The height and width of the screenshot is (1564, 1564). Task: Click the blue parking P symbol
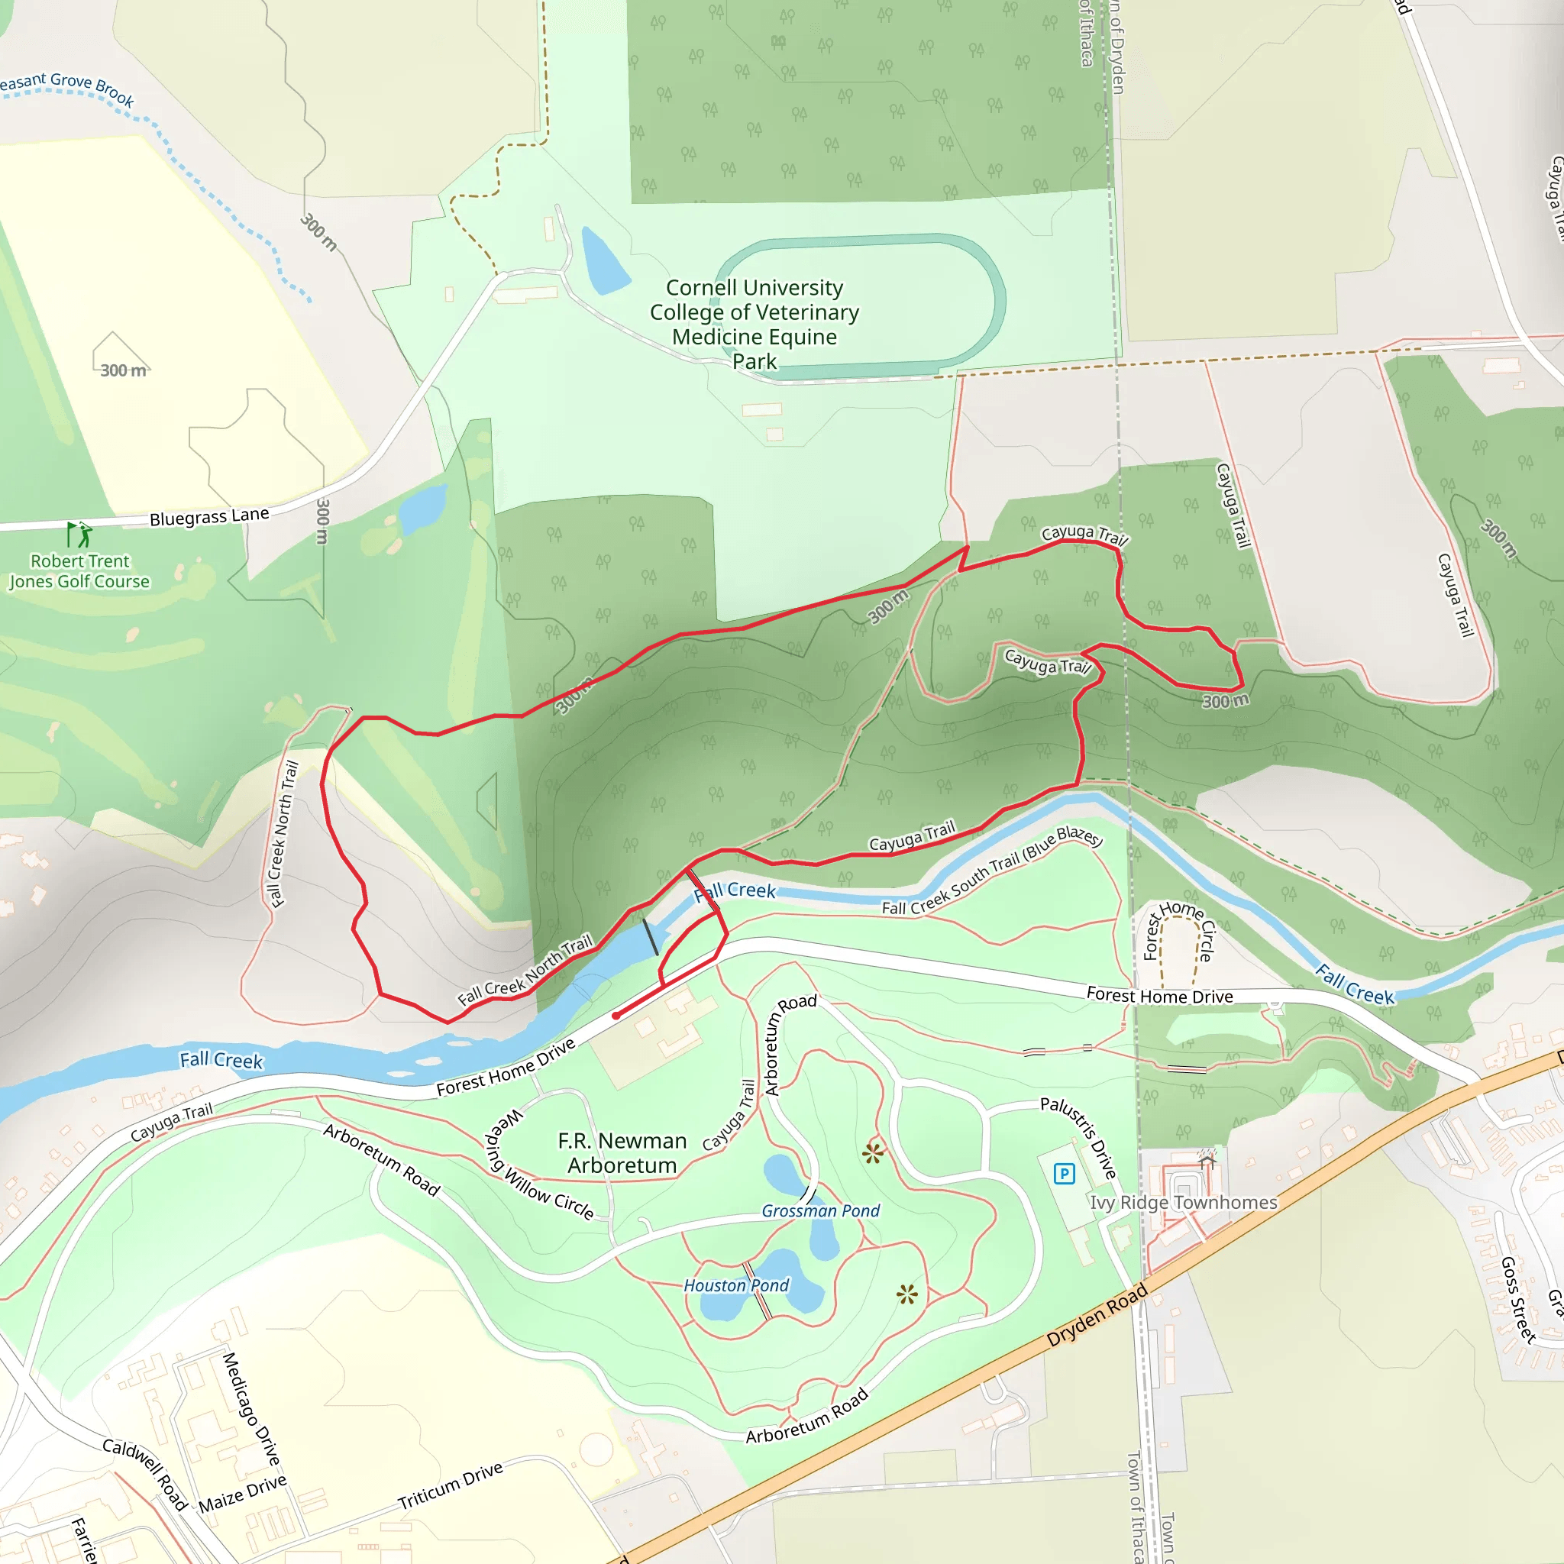(x=1064, y=1173)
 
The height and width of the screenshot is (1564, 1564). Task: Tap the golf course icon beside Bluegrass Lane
(x=79, y=535)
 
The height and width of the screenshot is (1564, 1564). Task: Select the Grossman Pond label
(x=820, y=1211)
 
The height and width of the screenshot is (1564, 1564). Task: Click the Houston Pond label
(x=736, y=1285)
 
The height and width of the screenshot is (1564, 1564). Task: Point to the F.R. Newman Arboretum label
(x=622, y=1152)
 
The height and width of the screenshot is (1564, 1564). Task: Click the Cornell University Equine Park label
(x=755, y=324)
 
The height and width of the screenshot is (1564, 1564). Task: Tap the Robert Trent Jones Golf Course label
(x=79, y=570)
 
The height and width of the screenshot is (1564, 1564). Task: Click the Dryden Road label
(x=1097, y=1315)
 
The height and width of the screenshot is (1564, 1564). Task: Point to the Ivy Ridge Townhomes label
(x=1184, y=1203)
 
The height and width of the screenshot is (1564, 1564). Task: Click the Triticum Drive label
(x=450, y=1485)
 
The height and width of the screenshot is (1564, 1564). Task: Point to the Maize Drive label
(x=242, y=1493)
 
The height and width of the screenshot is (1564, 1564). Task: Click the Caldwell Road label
(x=146, y=1474)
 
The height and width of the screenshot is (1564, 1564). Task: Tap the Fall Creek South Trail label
(x=992, y=871)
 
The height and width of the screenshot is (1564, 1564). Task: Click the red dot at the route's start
(x=616, y=1015)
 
